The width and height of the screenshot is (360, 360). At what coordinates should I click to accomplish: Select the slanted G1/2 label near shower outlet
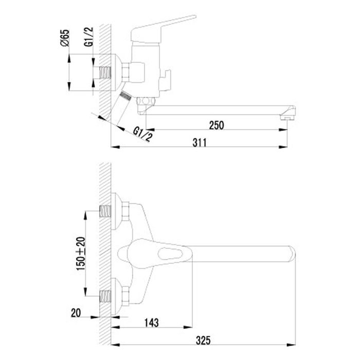[x=142, y=134]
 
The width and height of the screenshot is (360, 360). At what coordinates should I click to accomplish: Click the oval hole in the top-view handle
[x=171, y=253]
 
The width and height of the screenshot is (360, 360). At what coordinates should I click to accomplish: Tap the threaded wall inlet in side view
[x=106, y=71]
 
